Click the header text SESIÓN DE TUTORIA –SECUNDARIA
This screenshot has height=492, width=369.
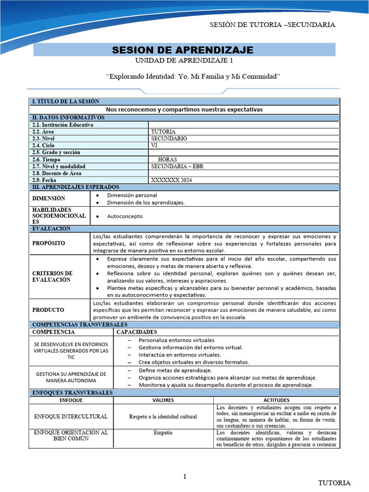coord(273,25)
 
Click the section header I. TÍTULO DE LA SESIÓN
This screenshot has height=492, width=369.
coord(65,102)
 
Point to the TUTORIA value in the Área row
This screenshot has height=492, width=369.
coord(163,132)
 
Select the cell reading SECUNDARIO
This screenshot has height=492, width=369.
coord(169,138)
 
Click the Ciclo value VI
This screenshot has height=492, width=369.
coord(154,146)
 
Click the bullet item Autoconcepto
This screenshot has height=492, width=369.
coord(124,216)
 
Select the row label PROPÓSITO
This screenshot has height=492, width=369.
coord(49,244)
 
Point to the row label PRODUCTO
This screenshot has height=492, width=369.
coord(48,310)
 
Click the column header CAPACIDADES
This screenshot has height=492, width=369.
coord(136,332)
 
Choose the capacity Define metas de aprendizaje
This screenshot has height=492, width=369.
coord(175,370)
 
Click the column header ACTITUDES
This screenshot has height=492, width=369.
coord(277,400)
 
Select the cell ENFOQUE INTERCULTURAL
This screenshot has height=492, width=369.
coord(71,416)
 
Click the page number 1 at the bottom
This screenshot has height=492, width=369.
coord(184,477)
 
